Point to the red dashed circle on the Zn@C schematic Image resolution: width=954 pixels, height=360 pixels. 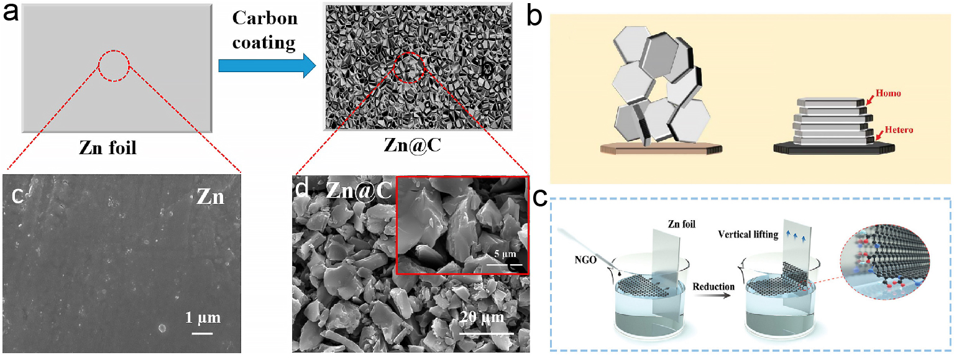pyautogui.click(x=410, y=68)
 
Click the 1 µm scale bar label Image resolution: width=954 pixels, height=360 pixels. pyautogui.click(x=203, y=318)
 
